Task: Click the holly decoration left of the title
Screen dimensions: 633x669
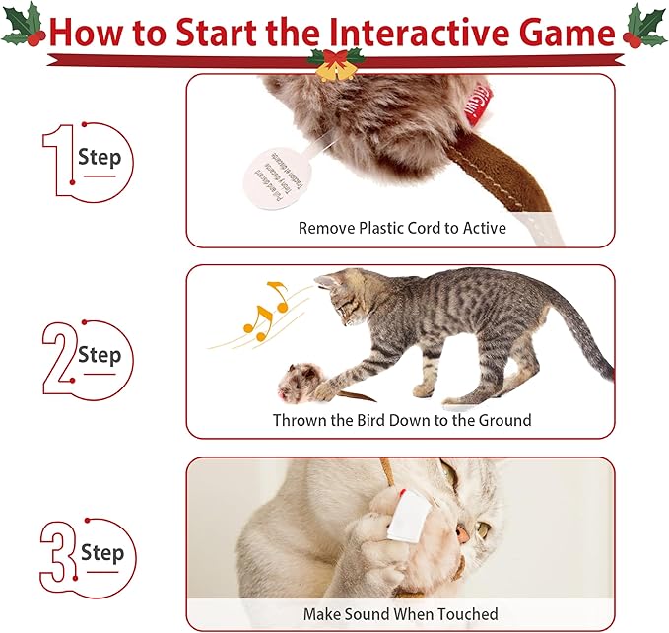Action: (24, 26)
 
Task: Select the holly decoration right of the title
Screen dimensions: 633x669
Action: (644, 26)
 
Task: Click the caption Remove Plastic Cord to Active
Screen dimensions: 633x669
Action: (402, 228)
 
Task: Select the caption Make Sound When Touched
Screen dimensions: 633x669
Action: (400, 613)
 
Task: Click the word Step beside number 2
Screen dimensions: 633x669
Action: (100, 354)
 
